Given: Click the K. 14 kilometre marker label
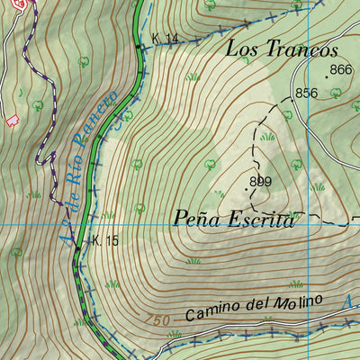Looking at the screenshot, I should click(x=166, y=38).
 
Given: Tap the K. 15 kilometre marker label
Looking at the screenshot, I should click(x=104, y=240).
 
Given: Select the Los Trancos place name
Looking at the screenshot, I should click(x=282, y=49).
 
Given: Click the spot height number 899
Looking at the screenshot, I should click(x=261, y=182).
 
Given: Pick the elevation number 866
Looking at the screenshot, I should click(x=341, y=70).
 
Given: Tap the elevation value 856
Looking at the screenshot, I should click(x=307, y=93).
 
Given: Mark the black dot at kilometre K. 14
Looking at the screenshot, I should click(x=138, y=45).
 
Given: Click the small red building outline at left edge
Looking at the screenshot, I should click(x=12, y=121).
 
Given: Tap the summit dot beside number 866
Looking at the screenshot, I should click(x=328, y=90).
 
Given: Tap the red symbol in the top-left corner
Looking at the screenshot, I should click(x=27, y=3).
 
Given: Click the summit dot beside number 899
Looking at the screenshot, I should click(x=247, y=190).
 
